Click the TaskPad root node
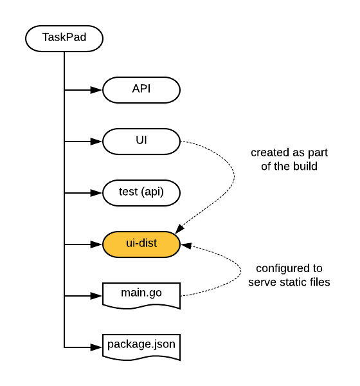(x=64, y=38)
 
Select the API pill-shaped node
(x=141, y=89)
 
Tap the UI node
(x=141, y=141)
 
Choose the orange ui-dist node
(x=141, y=244)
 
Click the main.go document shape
(x=141, y=295)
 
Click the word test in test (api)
(x=128, y=192)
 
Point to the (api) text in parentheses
(x=152, y=192)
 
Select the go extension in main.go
(x=156, y=293)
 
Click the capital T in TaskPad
(x=46, y=37)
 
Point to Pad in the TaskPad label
(x=76, y=37)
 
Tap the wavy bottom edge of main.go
(x=141, y=306)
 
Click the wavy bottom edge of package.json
(x=141, y=356)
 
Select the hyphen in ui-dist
(x=137, y=244)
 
